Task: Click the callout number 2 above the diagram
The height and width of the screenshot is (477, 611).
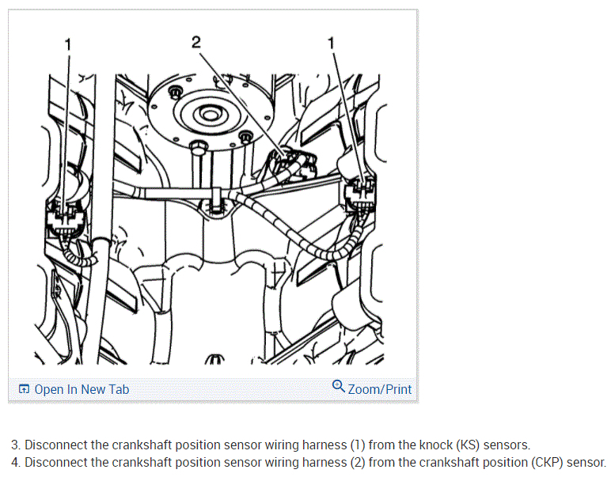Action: click(x=195, y=43)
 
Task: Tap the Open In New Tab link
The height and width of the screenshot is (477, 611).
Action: click(x=81, y=389)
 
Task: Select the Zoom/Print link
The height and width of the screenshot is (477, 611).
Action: click(x=379, y=389)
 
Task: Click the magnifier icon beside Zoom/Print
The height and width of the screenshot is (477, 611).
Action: click(x=339, y=387)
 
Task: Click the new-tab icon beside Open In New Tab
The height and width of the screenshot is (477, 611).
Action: click(x=24, y=389)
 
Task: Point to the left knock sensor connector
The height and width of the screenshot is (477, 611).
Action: click(x=63, y=217)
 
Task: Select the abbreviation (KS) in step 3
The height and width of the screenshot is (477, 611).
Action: click(x=468, y=445)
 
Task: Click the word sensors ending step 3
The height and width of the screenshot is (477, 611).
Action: click(x=507, y=445)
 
